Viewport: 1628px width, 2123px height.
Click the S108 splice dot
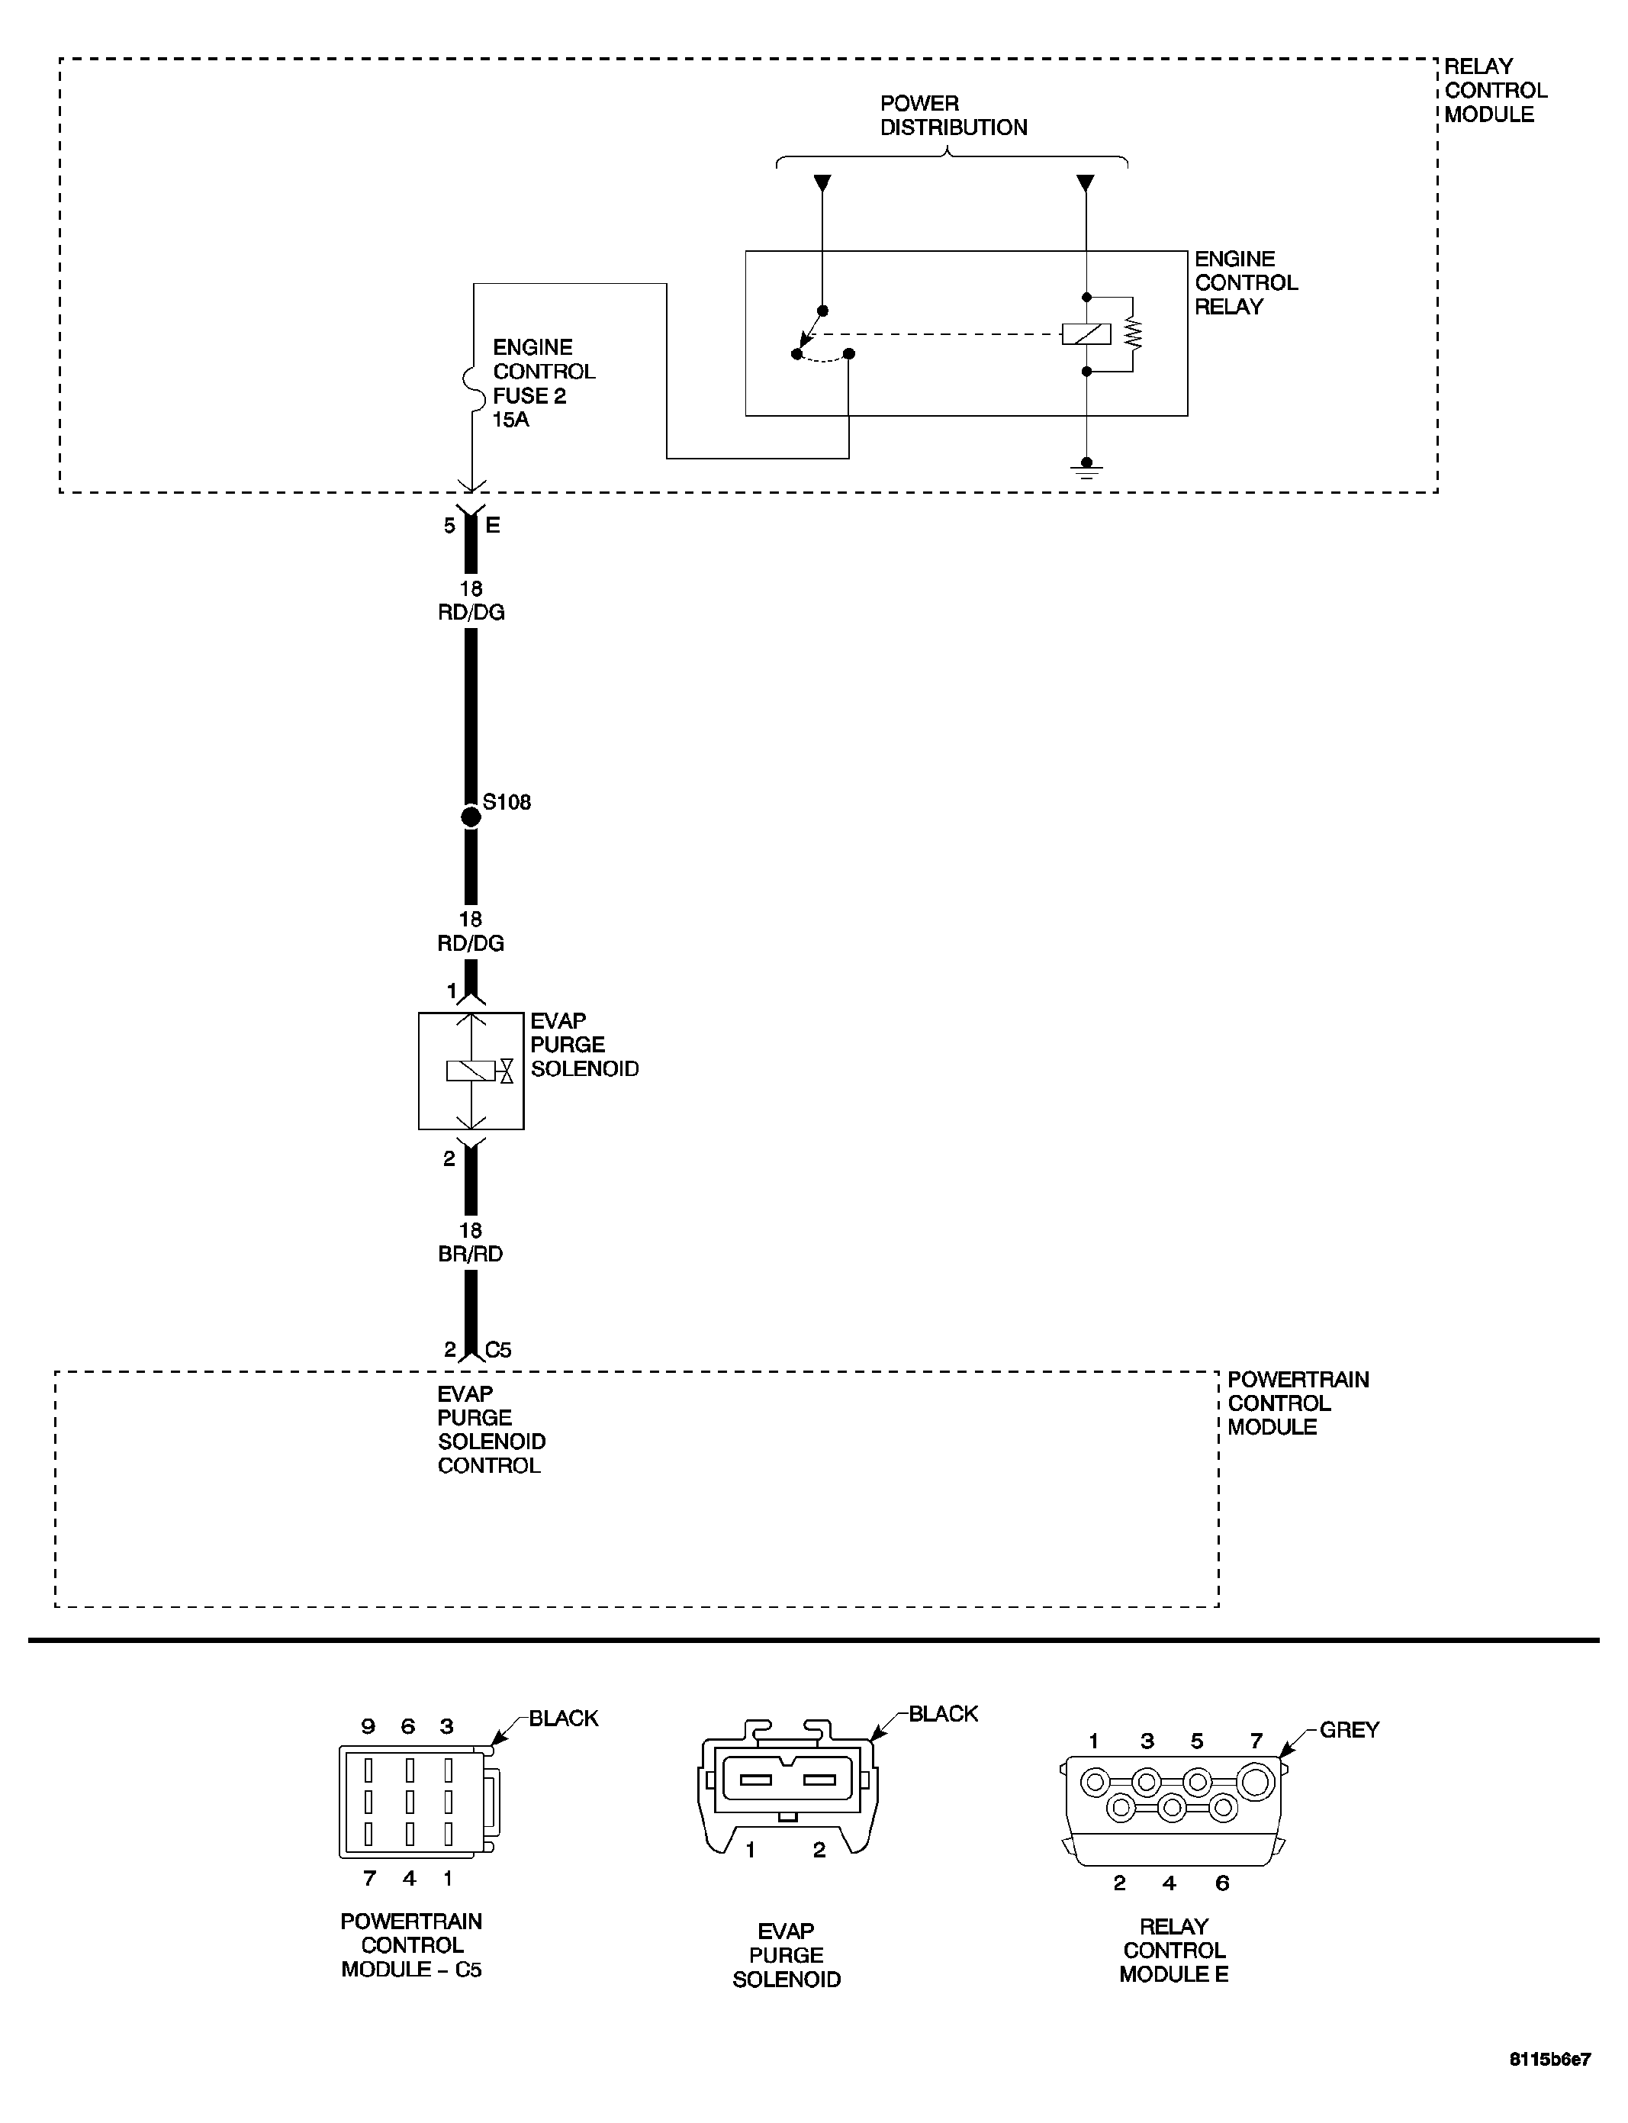click(x=471, y=817)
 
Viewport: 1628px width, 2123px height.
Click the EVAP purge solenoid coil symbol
click(x=470, y=1070)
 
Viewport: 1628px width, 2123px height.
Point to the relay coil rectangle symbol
click(x=1086, y=334)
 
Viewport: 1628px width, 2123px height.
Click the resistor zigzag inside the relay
click(x=1133, y=334)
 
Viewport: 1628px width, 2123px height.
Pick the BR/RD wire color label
click(x=470, y=1254)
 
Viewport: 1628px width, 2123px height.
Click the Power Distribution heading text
click(x=953, y=115)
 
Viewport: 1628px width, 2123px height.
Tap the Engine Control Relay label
click(x=1245, y=282)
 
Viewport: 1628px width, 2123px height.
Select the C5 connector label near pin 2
click(x=498, y=1349)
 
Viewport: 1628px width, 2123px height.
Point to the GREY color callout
click(x=1349, y=1729)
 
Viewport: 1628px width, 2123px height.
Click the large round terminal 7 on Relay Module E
click(x=1256, y=1782)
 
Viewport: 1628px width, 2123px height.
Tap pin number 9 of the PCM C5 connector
click(x=368, y=1725)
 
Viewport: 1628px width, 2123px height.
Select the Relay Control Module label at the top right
click(x=1494, y=90)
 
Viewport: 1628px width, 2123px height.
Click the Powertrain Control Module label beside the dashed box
click(x=1297, y=1403)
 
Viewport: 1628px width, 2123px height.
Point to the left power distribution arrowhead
click(x=822, y=182)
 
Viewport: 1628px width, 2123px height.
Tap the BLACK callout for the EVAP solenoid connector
click(x=943, y=1714)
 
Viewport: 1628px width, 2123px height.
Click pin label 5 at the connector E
click(x=449, y=526)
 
